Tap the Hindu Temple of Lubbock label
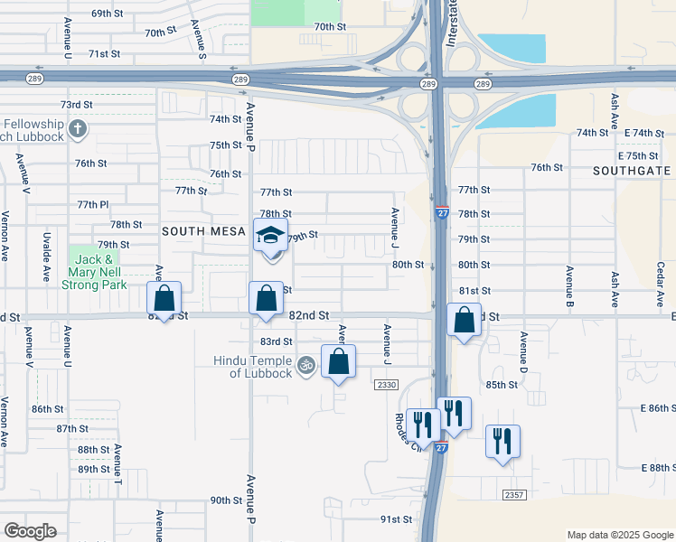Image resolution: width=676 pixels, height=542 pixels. coord(266,368)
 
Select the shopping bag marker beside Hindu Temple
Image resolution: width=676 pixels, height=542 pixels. coord(338,362)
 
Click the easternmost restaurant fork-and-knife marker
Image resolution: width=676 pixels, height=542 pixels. coord(502,442)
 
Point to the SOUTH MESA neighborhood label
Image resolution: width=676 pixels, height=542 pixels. coord(203,231)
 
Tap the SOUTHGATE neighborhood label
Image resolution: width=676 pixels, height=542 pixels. coord(633,170)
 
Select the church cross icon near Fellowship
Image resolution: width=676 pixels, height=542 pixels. coord(77,127)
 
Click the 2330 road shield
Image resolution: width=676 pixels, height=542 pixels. coord(386,385)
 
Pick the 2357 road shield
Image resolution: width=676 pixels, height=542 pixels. coord(514,494)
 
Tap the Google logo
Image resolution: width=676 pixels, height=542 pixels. coord(30,531)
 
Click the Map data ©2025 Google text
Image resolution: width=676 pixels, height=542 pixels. coord(619,535)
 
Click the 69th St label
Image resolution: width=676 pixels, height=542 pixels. coord(107,14)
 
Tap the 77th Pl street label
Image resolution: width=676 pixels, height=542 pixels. coord(92,204)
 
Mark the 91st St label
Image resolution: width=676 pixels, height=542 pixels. coord(396,519)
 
